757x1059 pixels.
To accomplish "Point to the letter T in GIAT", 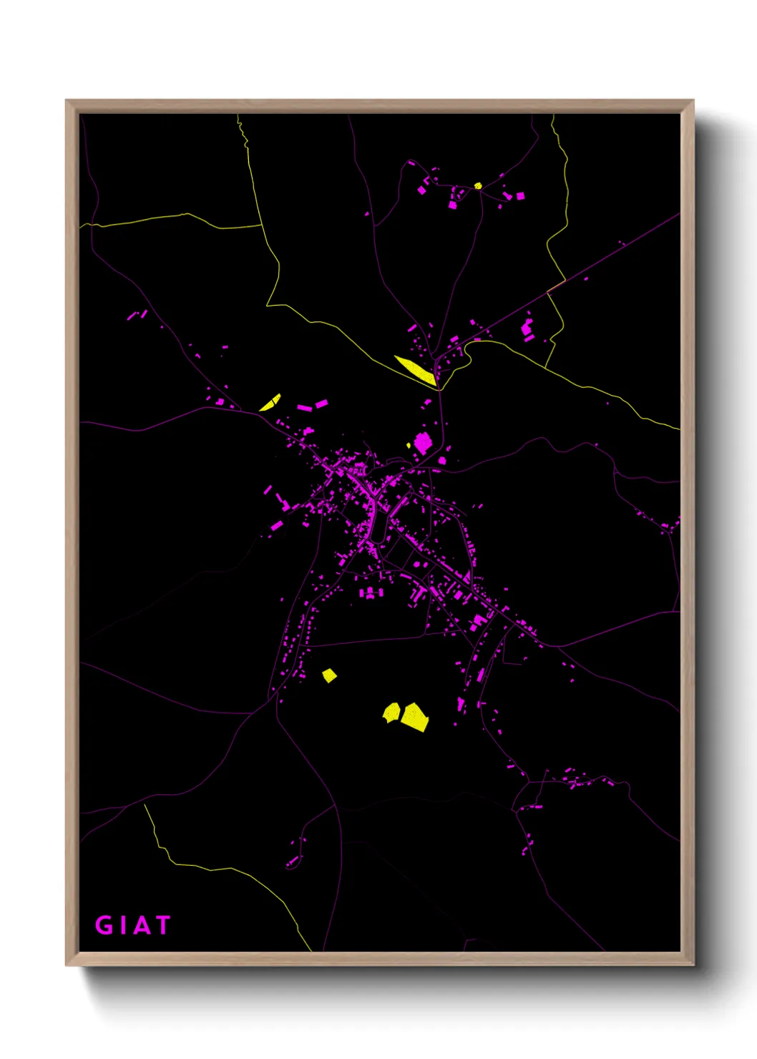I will tap(162, 925).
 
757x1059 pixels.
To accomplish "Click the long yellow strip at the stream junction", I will tap(416, 369).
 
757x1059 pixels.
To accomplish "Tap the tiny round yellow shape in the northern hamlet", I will tap(478, 186).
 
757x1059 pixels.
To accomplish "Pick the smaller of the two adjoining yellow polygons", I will tap(391, 713).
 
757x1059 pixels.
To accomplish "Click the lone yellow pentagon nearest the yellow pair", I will tap(329, 675).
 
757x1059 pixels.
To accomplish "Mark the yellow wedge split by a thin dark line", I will tap(270, 404).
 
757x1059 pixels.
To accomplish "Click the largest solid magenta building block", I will tap(422, 443).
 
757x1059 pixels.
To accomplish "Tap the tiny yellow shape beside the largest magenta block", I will tap(409, 446).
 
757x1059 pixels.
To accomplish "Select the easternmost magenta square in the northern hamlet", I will tap(520, 195).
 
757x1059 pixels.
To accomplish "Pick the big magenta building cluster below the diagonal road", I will tap(528, 328).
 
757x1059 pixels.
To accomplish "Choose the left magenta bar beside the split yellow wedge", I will tap(305, 408).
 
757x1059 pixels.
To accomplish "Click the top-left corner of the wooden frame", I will tap(67, 101).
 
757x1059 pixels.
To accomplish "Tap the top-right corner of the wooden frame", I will tap(693, 101).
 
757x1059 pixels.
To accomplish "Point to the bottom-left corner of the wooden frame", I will tap(67, 965).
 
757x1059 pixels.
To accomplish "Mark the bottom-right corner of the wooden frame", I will tap(693, 965).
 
